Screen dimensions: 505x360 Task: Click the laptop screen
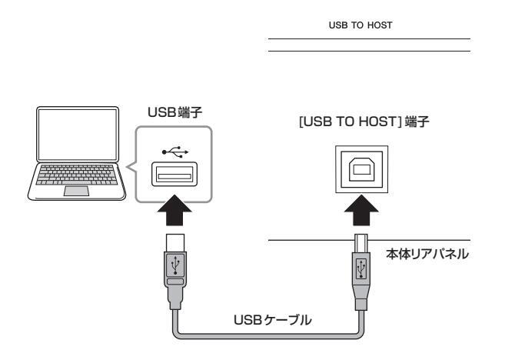click(78, 134)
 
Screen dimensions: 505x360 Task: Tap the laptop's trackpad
click(76, 191)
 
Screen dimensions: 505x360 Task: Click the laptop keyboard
click(77, 175)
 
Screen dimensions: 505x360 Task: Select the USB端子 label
click(175, 112)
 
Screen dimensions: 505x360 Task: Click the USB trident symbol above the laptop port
click(175, 152)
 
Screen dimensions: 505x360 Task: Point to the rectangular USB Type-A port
click(174, 174)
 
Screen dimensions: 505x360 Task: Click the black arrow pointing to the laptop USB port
click(174, 210)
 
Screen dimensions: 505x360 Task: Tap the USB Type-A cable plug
click(175, 271)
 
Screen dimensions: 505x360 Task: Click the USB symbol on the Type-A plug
click(175, 265)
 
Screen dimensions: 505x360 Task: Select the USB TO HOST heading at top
click(360, 25)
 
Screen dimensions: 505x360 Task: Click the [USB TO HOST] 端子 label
click(364, 122)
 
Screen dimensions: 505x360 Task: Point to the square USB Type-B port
click(362, 169)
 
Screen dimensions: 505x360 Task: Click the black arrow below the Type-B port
click(361, 210)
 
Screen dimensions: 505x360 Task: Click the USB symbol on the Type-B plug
click(361, 268)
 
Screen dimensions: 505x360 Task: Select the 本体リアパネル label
click(427, 255)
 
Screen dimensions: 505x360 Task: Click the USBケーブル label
click(272, 320)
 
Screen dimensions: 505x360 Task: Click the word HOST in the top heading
click(380, 25)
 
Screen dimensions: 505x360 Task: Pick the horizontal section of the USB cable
click(268, 336)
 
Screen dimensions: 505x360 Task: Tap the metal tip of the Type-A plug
click(175, 242)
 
